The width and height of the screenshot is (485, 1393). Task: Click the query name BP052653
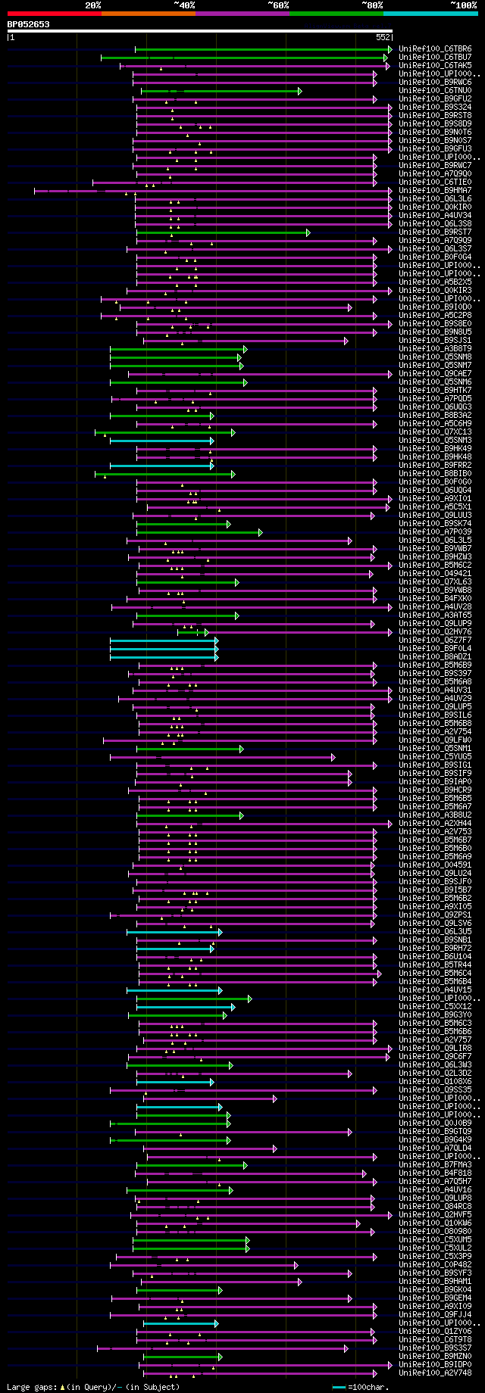point(28,24)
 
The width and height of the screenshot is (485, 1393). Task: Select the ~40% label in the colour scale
point(184,5)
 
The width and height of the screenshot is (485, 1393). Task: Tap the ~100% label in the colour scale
point(463,5)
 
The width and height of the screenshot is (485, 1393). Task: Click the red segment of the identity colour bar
point(54,14)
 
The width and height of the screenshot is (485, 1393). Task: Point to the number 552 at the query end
point(382,36)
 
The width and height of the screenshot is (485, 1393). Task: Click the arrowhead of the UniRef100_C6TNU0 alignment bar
point(300,91)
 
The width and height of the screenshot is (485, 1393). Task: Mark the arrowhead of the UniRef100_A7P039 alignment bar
point(261,532)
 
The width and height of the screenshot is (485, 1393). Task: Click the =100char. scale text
point(371,1387)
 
